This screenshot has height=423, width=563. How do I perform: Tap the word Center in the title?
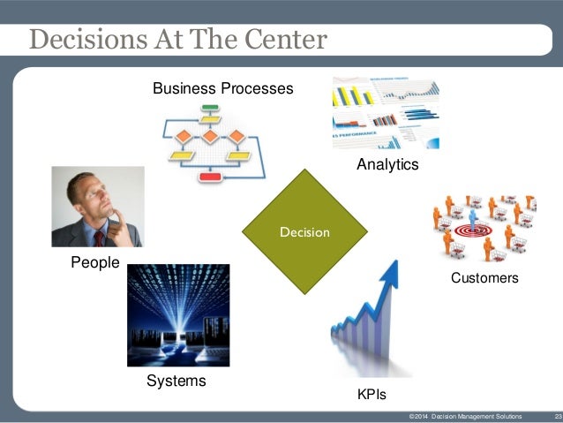tap(284, 41)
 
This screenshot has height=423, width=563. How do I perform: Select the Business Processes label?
tap(222, 89)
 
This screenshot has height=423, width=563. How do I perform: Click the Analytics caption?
tap(387, 165)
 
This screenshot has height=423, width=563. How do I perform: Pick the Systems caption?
tap(176, 381)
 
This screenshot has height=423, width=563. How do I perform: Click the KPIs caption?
tap(371, 393)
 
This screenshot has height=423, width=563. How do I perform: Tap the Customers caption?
tap(484, 278)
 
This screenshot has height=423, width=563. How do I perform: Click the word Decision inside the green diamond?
tap(304, 232)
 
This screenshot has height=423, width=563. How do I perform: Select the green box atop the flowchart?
tap(210, 110)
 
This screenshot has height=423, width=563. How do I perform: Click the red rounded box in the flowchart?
tap(210, 177)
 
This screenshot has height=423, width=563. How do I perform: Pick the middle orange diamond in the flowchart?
tap(210, 136)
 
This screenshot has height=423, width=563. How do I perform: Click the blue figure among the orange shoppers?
tap(473, 218)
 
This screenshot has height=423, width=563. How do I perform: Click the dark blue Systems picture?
tap(178, 315)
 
